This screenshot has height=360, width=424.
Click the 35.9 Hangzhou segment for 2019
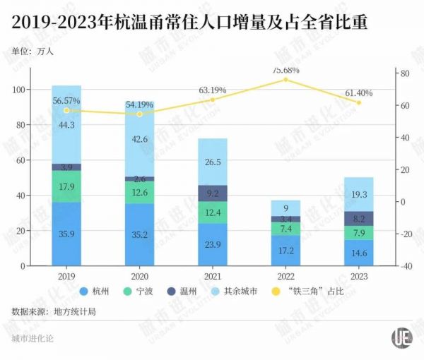coord(66,234)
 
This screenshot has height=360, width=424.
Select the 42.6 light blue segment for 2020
coord(140,140)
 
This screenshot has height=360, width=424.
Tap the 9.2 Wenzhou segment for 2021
coord(213,193)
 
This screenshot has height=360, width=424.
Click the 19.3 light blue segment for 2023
coord(359,194)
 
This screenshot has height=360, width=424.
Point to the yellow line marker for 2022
coord(285,80)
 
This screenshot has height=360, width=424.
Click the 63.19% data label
coord(213,90)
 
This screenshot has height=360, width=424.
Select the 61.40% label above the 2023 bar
coord(359,93)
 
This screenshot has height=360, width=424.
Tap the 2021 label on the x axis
coord(213,277)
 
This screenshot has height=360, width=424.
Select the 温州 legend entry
coord(206,292)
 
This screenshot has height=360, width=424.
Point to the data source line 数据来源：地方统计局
coord(53,311)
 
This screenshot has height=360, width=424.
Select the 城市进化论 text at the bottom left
coord(33,339)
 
